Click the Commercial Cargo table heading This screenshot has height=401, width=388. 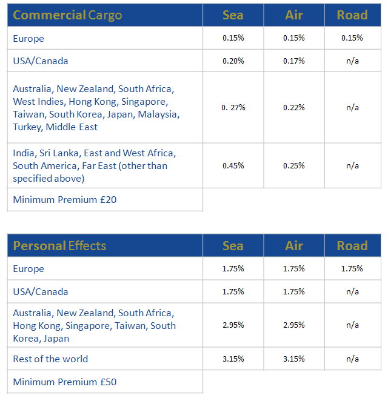click(x=67, y=15)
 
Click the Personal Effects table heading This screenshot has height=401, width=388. click(x=59, y=246)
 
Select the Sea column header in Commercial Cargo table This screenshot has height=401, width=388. click(x=233, y=15)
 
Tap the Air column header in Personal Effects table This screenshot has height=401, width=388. click(x=293, y=246)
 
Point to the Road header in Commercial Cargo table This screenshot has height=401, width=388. click(x=352, y=15)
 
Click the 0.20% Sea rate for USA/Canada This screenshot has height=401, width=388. click(x=233, y=61)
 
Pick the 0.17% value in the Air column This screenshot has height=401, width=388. click(x=293, y=61)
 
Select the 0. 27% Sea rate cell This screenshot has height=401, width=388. click(x=233, y=108)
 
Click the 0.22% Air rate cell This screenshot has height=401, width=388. click(x=293, y=108)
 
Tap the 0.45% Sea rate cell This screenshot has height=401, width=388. click(x=233, y=165)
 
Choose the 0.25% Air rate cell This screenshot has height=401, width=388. click(x=293, y=165)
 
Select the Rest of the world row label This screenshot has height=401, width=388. click(x=50, y=359)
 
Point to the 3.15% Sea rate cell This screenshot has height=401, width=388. click(x=233, y=359)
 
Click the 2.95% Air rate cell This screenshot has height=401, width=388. click(x=293, y=325)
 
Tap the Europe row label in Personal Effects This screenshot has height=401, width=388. click(x=28, y=268)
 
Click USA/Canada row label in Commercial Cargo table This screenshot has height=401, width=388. click(x=41, y=61)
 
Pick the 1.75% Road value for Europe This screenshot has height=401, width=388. click(x=352, y=268)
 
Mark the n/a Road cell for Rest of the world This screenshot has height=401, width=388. click(x=352, y=359)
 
